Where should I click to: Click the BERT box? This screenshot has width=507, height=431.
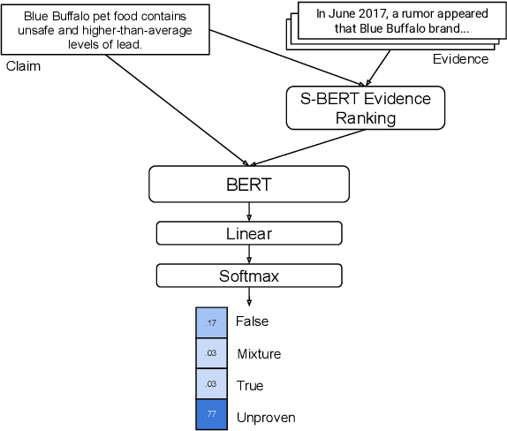[248, 185]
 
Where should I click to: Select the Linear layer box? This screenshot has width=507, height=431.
[248, 233]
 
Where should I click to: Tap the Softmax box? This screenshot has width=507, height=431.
[248, 276]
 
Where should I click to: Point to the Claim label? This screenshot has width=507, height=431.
[23, 66]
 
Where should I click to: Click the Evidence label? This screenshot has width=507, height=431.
[459, 59]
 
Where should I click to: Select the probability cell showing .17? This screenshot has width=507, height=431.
[211, 322]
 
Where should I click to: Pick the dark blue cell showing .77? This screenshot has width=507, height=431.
[211, 413]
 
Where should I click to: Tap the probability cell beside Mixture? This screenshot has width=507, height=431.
[211, 353]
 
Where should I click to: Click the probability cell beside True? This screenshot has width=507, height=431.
[211, 383]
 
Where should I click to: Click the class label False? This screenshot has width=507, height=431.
[252, 321]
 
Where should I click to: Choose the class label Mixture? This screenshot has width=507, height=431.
[259, 354]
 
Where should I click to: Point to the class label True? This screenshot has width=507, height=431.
[250, 386]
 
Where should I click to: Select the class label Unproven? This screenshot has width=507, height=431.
[266, 417]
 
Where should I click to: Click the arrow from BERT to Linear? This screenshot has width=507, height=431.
[248, 211]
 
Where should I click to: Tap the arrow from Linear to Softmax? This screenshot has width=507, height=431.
[248, 254]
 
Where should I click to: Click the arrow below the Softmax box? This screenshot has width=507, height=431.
[248, 297]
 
